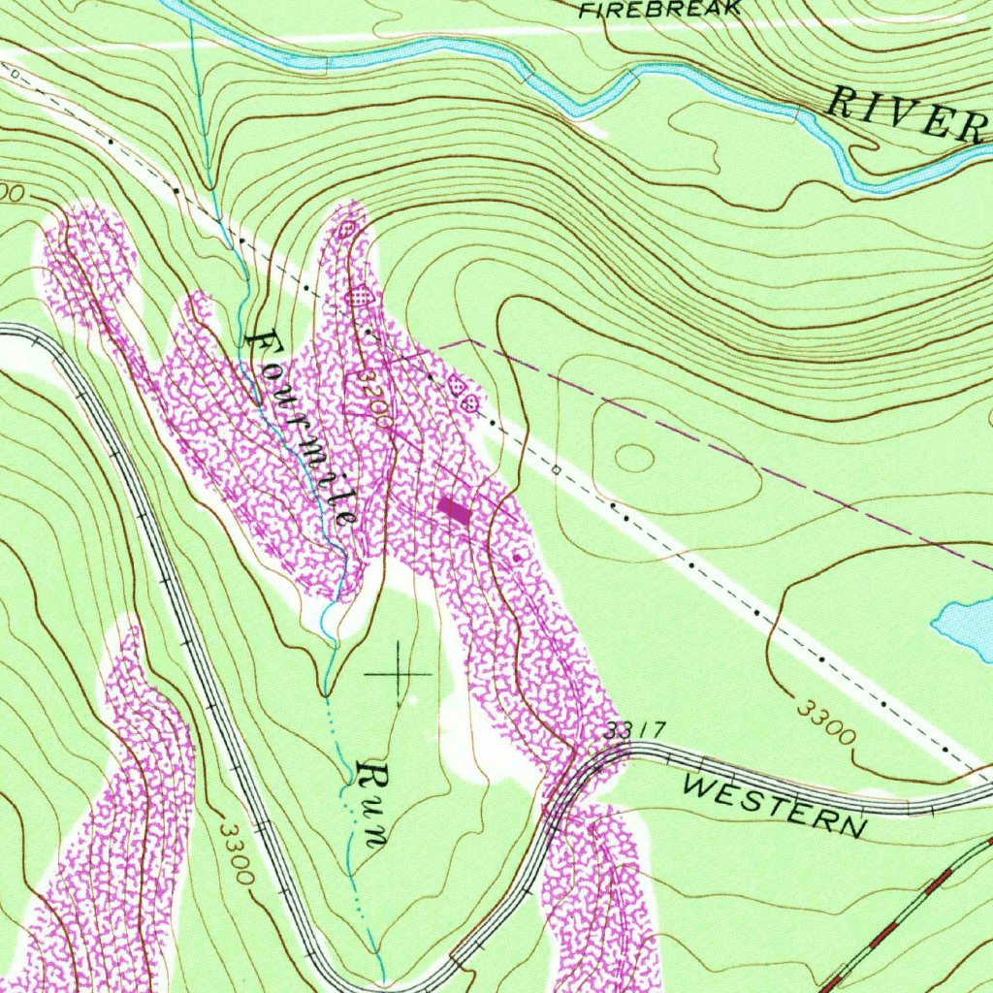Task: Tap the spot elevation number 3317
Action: click(631, 730)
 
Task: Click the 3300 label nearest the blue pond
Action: click(826, 721)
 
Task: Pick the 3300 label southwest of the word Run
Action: click(237, 853)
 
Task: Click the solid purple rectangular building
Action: click(454, 510)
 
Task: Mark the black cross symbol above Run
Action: click(399, 672)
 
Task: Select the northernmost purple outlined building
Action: click(348, 229)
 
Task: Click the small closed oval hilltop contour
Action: click(635, 457)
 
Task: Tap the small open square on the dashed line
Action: click(557, 470)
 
